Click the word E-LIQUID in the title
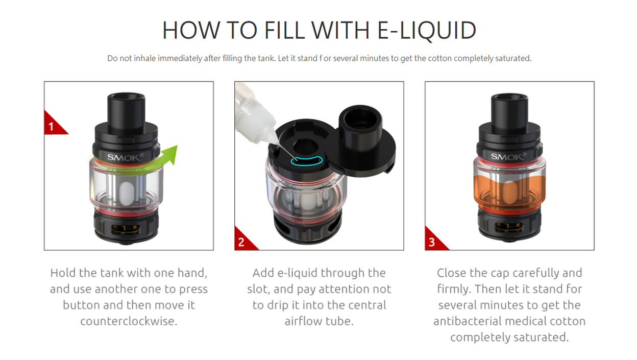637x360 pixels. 426,31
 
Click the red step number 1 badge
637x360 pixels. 52,125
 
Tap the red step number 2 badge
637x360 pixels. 242,242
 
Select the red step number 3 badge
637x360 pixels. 432,242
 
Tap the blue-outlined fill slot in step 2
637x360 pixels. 307,160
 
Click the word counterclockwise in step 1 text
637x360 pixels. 129,322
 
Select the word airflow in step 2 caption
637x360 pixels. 305,322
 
